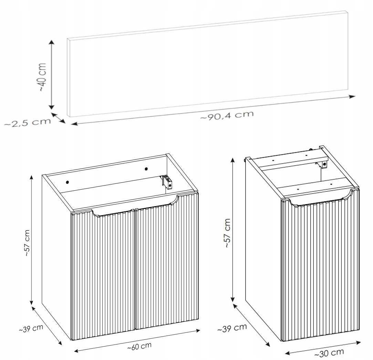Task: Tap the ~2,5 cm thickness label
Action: coord(27,123)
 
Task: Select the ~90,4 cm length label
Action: coord(227,115)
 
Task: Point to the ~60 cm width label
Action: coord(139,347)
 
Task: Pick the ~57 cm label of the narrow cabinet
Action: coord(227,233)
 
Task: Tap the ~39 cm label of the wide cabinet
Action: coord(31,328)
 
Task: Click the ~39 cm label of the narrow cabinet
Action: coord(232,328)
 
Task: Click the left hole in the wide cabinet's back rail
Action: coord(68,182)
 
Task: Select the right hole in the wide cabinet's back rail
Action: coord(146,169)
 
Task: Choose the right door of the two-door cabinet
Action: coord(166,262)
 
